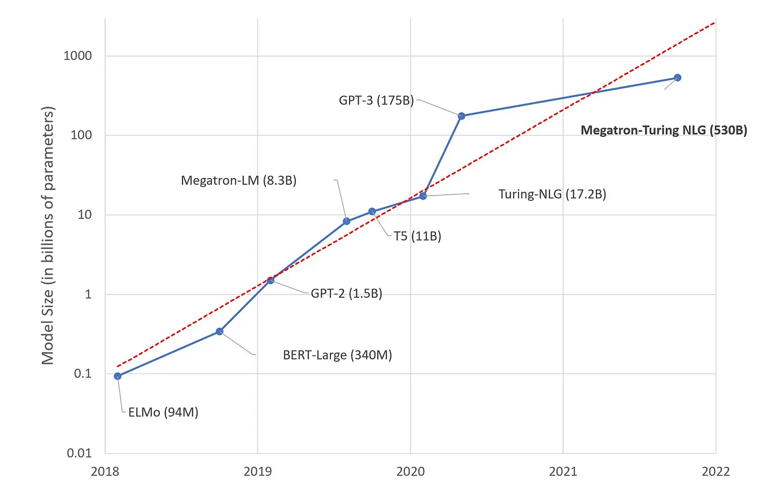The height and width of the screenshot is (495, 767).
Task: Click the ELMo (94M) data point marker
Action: (117, 376)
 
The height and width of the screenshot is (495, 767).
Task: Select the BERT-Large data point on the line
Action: (220, 331)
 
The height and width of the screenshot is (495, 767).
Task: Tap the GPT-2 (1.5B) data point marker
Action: (271, 280)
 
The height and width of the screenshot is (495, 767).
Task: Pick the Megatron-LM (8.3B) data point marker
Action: (347, 222)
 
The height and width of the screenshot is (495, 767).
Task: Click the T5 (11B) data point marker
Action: (372, 211)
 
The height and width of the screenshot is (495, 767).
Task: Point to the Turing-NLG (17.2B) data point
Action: (423, 196)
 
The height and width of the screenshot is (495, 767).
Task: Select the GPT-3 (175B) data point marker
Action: (461, 116)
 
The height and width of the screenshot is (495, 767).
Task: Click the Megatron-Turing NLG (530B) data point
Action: (678, 78)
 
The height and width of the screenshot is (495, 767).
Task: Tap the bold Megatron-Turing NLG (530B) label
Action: (664, 131)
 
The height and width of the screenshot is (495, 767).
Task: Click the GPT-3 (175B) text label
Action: (376, 101)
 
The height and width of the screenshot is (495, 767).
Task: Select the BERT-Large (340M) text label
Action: (337, 355)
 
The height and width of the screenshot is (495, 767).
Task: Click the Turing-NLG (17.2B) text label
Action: (552, 194)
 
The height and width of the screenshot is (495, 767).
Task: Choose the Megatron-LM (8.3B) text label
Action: (238, 181)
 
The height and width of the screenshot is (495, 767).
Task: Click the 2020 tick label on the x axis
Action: (410, 471)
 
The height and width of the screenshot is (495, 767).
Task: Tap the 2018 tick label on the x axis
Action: (104, 471)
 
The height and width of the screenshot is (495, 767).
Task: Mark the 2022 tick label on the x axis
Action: (716, 471)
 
